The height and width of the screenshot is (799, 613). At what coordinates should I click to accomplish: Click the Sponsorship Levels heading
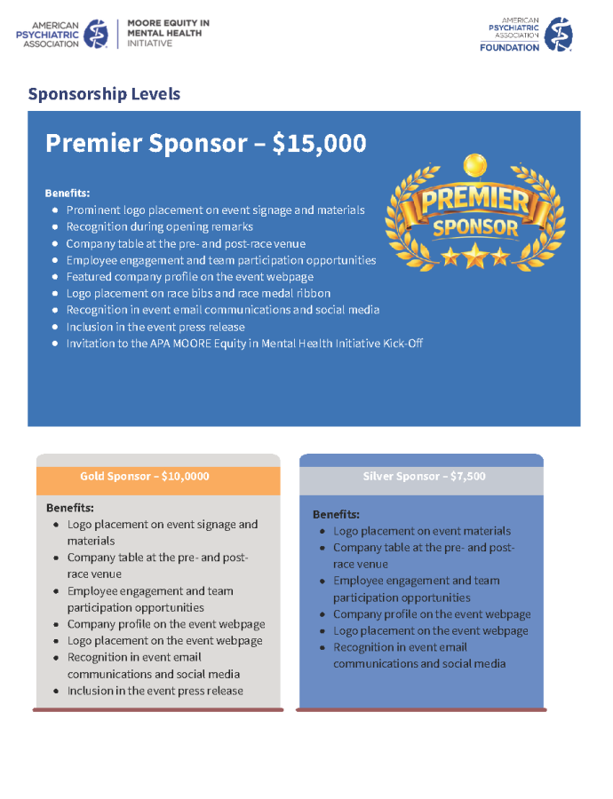pyautogui.click(x=104, y=94)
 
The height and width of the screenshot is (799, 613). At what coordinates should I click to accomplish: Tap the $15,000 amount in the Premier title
pyautogui.click(x=319, y=144)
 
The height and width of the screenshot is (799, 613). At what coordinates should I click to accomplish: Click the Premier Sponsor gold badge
pyautogui.click(x=474, y=212)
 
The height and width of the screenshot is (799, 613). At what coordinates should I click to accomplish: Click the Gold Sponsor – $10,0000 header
pyautogui.click(x=145, y=477)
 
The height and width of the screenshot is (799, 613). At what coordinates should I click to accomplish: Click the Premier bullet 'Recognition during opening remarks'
pyautogui.click(x=159, y=227)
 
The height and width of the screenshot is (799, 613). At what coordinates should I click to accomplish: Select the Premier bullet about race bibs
pyautogui.click(x=198, y=294)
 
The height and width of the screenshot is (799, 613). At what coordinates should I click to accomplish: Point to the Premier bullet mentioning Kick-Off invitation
pyautogui.click(x=244, y=344)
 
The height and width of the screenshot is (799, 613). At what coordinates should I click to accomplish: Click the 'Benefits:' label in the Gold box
pyautogui.click(x=70, y=508)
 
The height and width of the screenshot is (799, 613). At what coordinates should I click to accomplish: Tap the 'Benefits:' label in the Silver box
pyautogui.click(x=336, y=515)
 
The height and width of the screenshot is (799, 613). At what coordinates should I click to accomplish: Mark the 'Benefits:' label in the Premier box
pyautogui.click(x=68, y=193)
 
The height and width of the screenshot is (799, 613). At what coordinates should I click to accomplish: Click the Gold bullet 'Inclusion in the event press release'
pyautogui.click(x=155, y=691)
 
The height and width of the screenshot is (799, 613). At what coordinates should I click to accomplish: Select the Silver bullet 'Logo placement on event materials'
pyautogui.click(x=421, y=531)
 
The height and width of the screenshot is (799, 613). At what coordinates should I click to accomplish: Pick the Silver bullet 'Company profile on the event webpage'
pyautogui.click(x=432, y=614)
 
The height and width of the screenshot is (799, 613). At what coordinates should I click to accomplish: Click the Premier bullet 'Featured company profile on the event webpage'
pyautogui.click(x=189, y=277)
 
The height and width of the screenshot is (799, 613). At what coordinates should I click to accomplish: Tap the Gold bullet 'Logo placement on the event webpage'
pyautogui.click(x=164, y=641)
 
